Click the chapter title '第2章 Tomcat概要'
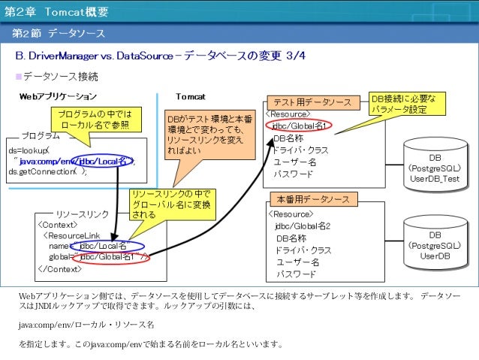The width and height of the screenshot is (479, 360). pyautogui.click(x=56, y=13)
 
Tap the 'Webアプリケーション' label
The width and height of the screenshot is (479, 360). pyautogui.click(x=58, y=96)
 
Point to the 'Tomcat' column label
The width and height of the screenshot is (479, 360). pyautogui.click(x=191, y=96)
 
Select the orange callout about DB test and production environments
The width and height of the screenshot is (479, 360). pyautogui.click(x=209, y=135)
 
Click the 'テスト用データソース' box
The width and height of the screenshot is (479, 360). pyautogui.click(x=312, y=102)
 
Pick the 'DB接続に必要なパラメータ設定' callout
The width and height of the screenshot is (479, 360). pyautogui.click(x=408, y=104)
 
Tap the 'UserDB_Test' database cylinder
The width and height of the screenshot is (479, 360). pyautogui.click(x=435, y=165)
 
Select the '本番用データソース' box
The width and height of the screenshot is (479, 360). pyautogui.click(x=313, y=200)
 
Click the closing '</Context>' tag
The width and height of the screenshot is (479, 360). pyautogui.click(x=59, y=268)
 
